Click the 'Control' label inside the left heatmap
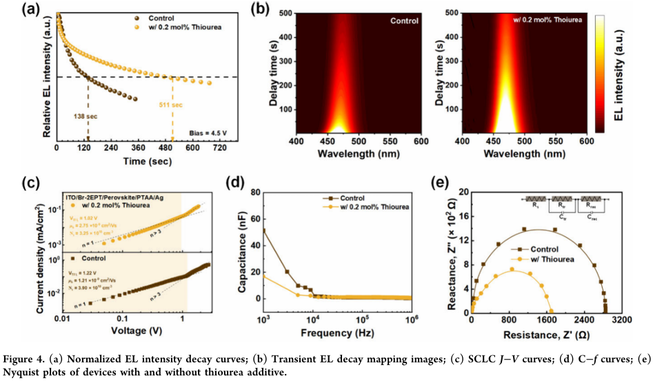(404, 21)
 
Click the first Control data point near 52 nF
(264, 230)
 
